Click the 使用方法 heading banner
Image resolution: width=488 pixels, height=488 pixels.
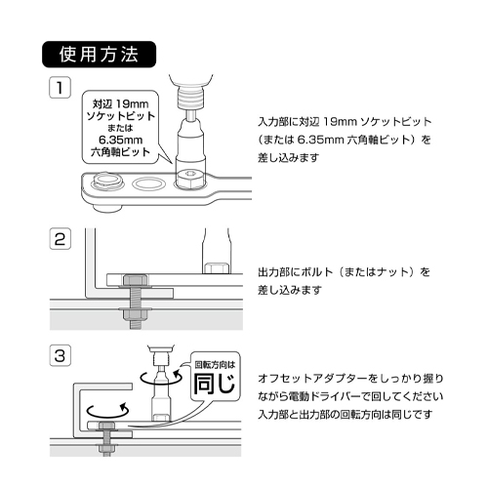(100, 55)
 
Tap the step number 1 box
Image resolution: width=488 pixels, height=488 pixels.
(60, 87)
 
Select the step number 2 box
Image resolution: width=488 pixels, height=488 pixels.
(60, 239)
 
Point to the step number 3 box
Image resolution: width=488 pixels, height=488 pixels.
(60, 355)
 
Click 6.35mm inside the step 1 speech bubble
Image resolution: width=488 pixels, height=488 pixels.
(121, 140)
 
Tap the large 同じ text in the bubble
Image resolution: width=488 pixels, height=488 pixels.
(214, 384)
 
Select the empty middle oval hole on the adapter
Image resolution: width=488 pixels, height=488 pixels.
(148, 183)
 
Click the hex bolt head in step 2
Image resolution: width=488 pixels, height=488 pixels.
(135, 280)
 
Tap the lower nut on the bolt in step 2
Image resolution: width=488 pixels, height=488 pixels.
(135, 314)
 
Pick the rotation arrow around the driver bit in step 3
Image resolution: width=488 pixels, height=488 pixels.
(161, 378)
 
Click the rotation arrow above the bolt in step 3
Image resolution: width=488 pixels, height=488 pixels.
(108, 411)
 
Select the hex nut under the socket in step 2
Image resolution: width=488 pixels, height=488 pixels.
(216, 268)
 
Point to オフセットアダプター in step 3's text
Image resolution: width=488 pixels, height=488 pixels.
(312, 379)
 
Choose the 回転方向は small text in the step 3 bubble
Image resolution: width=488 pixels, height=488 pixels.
(215, 364)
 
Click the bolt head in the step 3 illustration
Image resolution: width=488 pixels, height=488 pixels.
(106, 426)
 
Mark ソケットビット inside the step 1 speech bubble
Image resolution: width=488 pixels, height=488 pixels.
(121, 116)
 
